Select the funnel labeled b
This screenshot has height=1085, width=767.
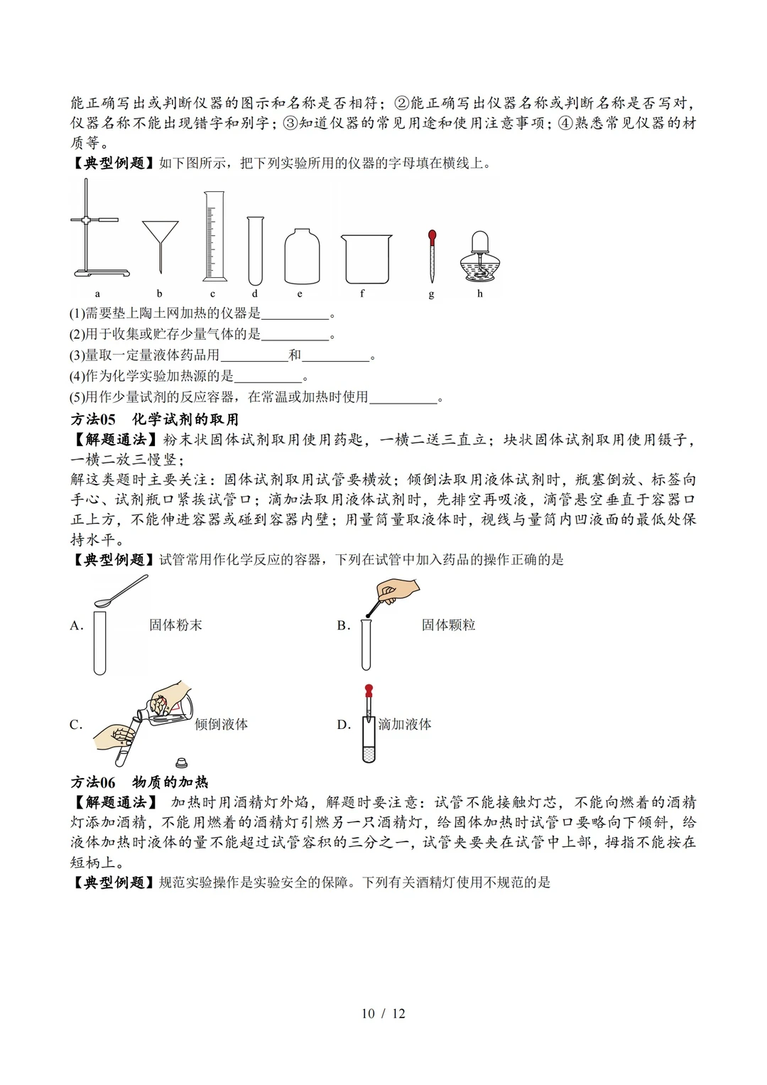[x=160, y=238]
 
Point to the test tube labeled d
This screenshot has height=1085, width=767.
[x=255, y=250]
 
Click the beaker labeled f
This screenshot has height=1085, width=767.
[x=366, y=259]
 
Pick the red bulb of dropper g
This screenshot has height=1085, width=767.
[x=432, y=237]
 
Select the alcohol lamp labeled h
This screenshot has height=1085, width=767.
[x=480, y=259]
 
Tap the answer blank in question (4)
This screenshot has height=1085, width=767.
[x=268, y=377]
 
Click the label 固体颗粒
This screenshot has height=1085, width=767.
[x=448, y=625]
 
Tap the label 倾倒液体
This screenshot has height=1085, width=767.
[x=222, y=725]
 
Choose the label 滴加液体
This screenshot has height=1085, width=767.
[x=405, y=725]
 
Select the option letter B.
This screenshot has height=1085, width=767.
[x=343, y=626]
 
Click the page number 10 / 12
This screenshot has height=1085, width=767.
[x=383, y=1013]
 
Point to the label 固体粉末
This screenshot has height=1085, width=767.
[x=175, y=625]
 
